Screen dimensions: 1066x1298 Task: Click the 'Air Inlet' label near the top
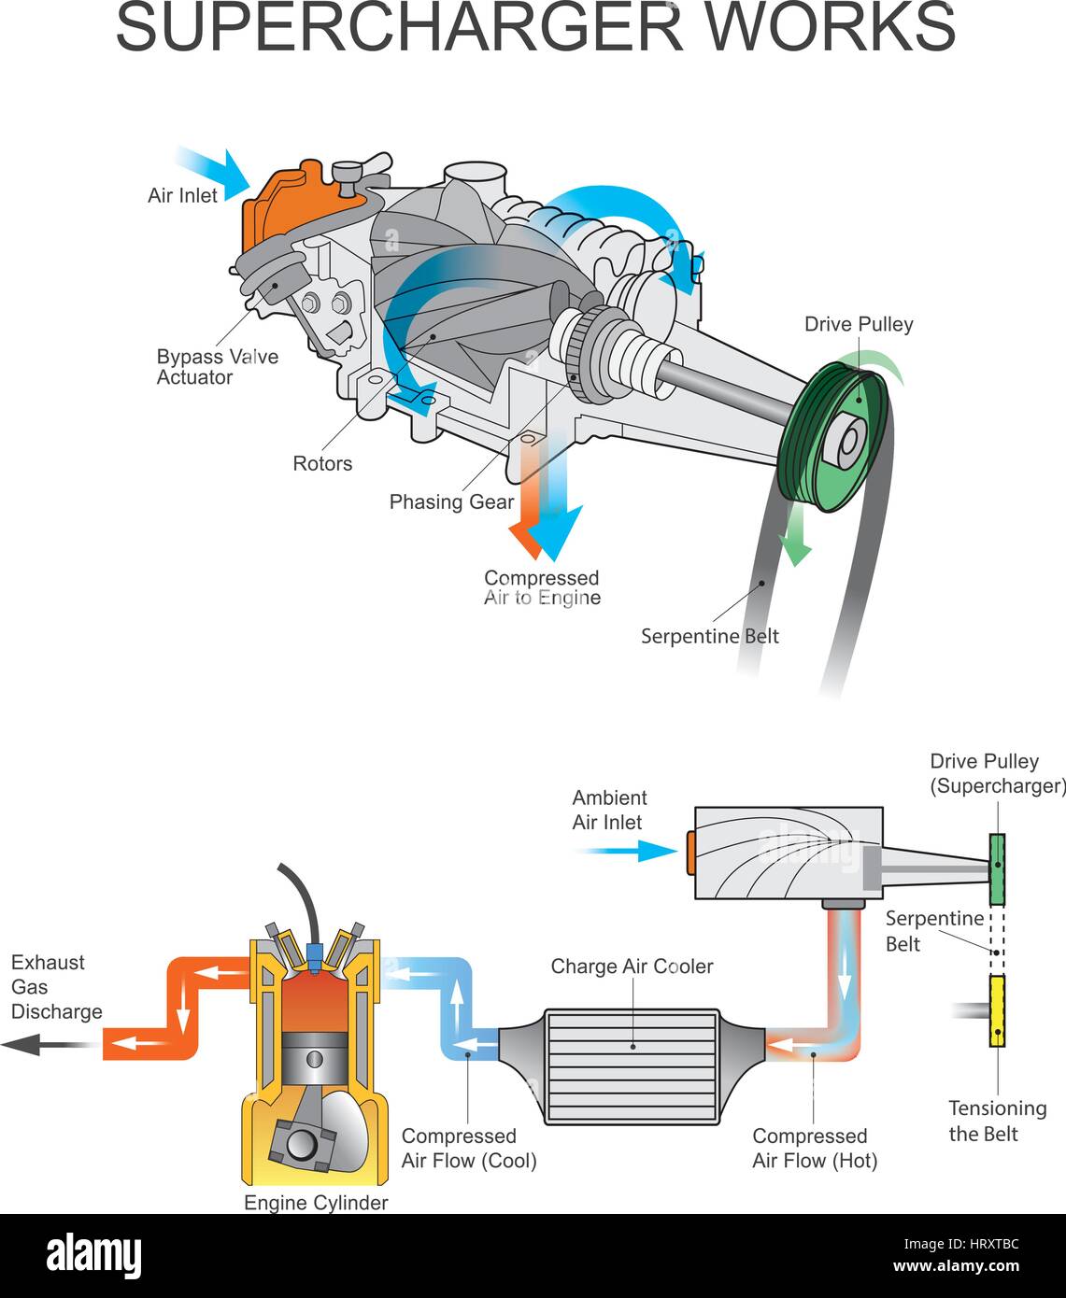(182, 196)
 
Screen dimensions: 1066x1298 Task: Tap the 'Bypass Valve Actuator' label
(218, 367)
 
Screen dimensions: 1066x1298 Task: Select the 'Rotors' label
(322, 463)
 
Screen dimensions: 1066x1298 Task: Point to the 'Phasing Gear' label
(451, 502)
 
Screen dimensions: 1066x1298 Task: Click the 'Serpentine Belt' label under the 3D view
(709, 636)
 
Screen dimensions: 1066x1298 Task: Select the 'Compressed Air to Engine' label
(542, 587)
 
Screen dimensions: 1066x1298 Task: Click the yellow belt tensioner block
(997, 1011)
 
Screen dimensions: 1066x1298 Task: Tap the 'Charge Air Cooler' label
(632, 966)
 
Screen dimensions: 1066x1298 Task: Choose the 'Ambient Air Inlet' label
(609, 810)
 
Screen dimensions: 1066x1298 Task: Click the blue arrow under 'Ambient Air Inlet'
(626, 852)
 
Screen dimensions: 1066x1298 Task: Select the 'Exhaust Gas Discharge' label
(56, 987)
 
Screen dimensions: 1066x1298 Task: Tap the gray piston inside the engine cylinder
(315, 1059)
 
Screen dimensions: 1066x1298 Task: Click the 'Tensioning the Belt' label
(997, 1122)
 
